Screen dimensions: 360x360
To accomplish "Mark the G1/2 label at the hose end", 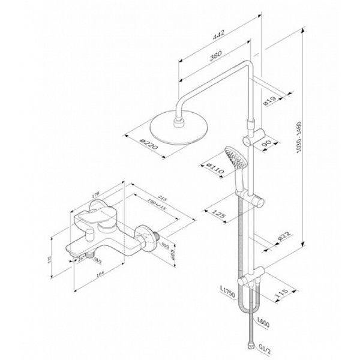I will (x=262, y=347).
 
